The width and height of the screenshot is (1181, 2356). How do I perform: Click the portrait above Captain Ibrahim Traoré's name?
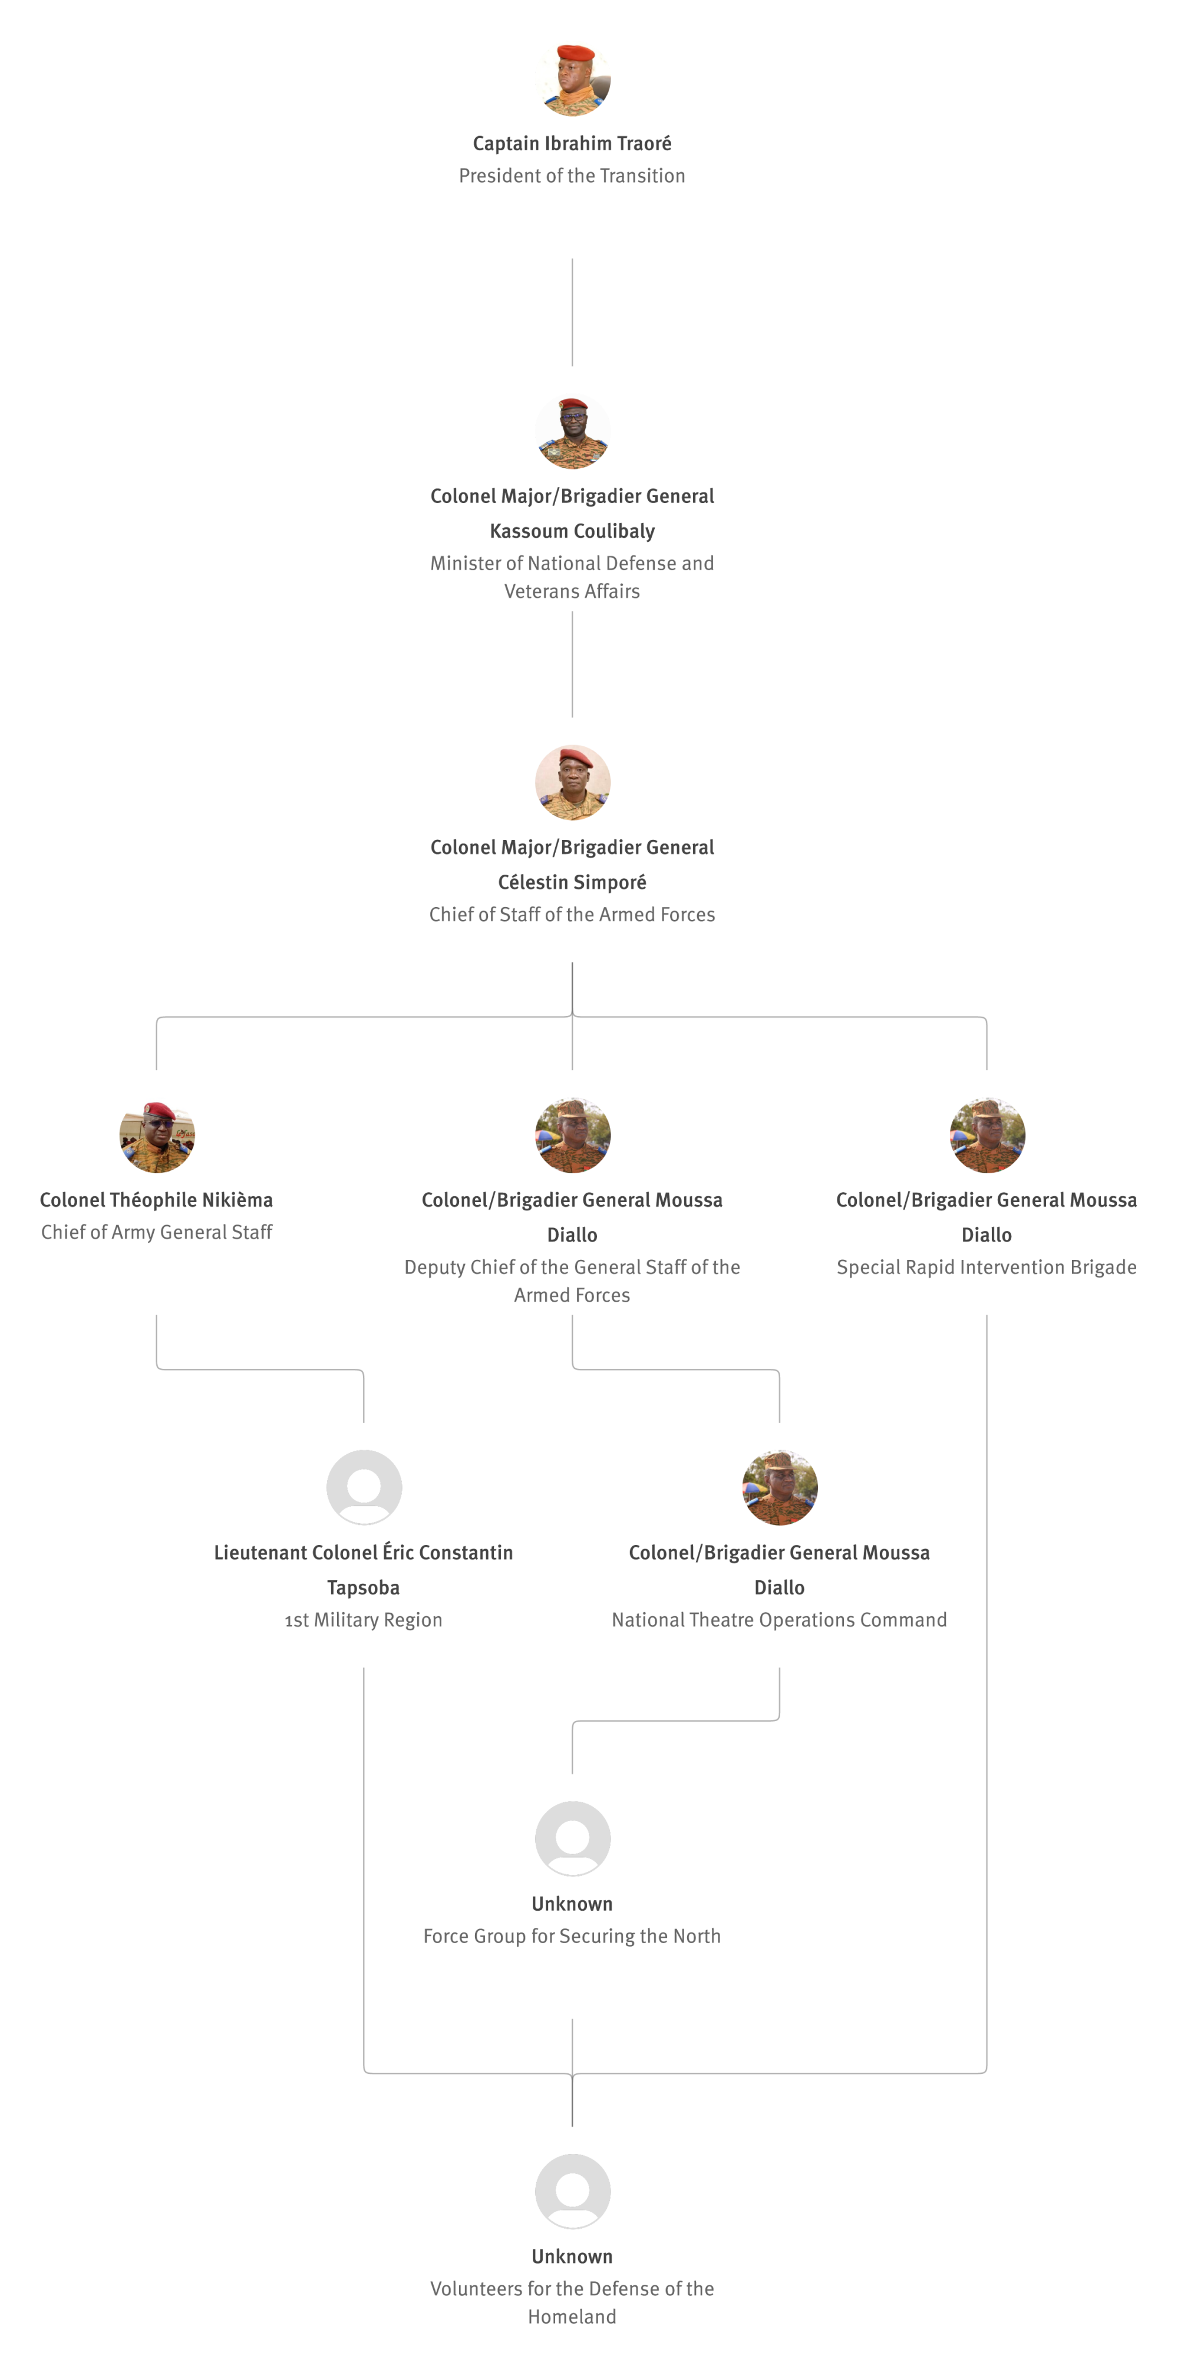(573, 79)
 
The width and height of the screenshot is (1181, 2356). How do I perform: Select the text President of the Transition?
(572, 176)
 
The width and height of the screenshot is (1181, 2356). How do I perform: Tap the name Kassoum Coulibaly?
(572, 531)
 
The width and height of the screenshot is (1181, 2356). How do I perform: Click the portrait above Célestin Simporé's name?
(573, 783)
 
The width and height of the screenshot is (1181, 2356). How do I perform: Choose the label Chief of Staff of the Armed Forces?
(572, 915)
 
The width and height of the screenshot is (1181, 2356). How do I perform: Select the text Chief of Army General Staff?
(156, 1232)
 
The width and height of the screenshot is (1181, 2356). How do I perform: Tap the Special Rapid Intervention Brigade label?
(986, 1267)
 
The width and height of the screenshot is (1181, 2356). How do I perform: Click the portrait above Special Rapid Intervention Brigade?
(987, 1135)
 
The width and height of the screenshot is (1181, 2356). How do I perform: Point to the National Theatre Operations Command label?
(780, 1620)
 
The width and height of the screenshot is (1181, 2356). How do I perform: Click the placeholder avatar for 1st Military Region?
(364, 1487)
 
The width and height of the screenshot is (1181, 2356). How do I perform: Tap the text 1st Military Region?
(363, 1620)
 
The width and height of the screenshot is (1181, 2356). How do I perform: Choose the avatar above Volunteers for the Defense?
(573, 2191)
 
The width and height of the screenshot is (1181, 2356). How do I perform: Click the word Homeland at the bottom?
(572, 2317)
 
